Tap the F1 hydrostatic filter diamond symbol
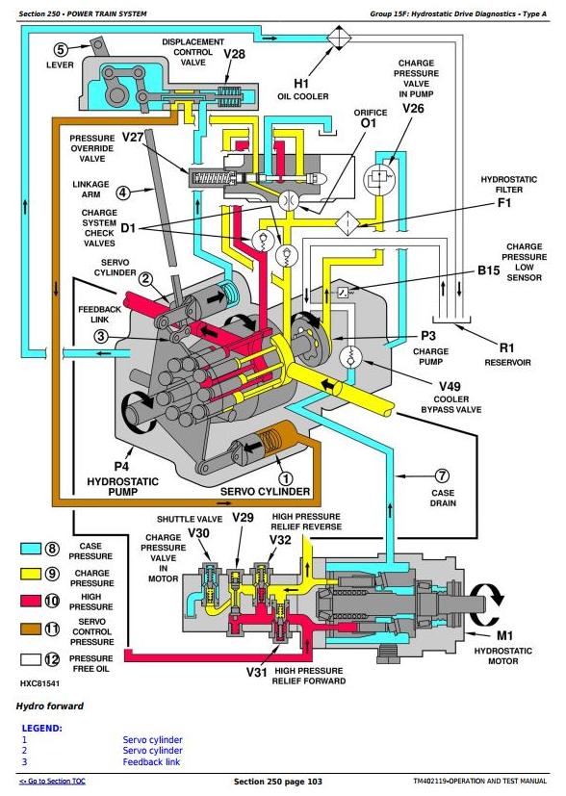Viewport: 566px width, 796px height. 347,223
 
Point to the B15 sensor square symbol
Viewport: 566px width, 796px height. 344,293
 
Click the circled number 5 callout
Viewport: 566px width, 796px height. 61,50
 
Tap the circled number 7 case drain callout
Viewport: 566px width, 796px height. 442,476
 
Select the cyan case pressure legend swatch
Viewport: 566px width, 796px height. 31,550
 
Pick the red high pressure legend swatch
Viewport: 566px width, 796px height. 31,601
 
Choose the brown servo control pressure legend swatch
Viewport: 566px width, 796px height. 31,629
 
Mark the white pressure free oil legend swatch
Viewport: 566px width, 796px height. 31,659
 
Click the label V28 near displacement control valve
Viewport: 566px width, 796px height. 234,53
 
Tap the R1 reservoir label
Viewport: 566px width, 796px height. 506,347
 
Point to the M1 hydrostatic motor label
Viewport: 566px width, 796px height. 504,635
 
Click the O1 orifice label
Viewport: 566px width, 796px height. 369,123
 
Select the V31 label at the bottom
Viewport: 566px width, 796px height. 256,673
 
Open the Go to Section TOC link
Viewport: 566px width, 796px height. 52,782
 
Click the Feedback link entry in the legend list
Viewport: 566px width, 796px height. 151,761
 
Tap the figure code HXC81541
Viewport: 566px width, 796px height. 39,683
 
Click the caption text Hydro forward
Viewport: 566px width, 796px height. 50,706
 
